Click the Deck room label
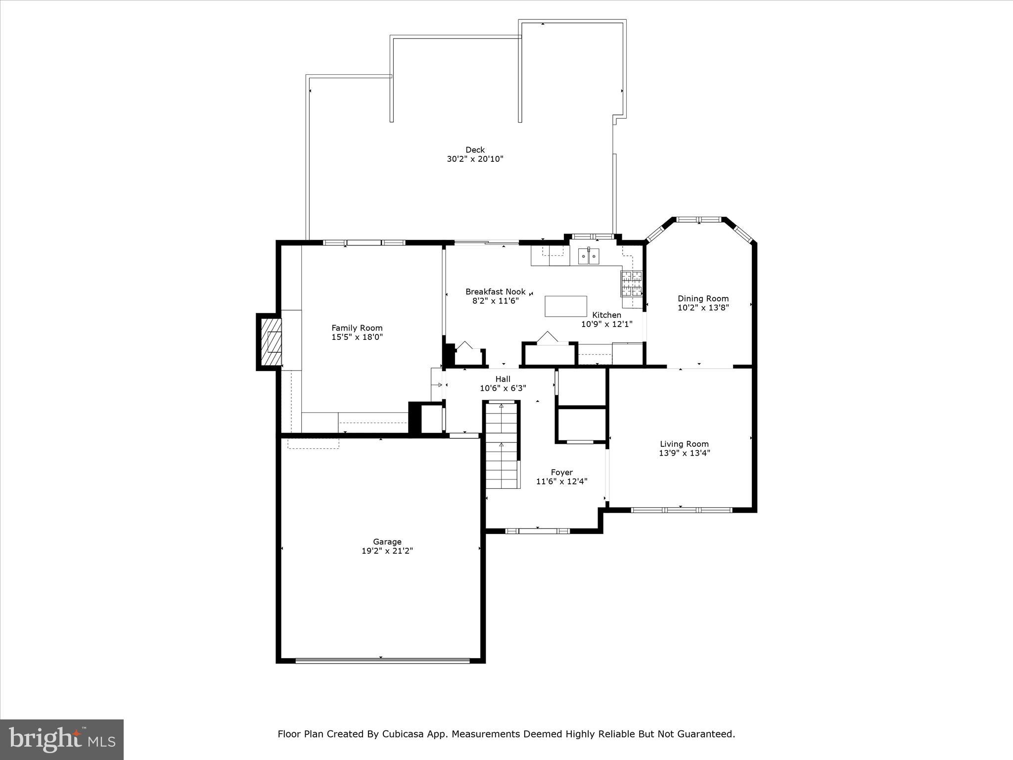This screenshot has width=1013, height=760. pyautogui.click(x=475, y=149)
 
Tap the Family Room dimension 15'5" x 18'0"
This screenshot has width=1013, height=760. pyautogui.click(x=357, y=337)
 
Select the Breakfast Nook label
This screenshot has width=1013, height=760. pyautogui.click(x=495, y=292)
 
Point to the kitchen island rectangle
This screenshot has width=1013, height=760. pyautogui.click(x=566, y=306)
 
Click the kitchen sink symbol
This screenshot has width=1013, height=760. pyautogui.click(x=589, y=256)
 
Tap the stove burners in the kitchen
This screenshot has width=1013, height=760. pyautogui.click(x=631, y=284)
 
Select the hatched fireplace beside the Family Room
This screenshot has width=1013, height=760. pyautogui.click(x=270, y=341)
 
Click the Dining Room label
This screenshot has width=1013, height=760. pyautogui.click(x=703, y=298)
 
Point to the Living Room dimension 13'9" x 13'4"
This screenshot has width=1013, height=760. pyautogui.click(x=684, y=453)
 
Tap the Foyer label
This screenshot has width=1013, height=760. pyautogui.click(x=561, y=473)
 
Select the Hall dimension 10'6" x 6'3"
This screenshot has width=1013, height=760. pyautogui.click(x=503, y=388)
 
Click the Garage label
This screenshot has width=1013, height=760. pyautogui.click(x=387, y=542)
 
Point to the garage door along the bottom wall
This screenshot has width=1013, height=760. pyautogui.click(x=382, y=660)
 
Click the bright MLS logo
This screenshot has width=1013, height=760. pyautogui.click(x=62, y=739)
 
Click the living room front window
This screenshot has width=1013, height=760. pyautogui.click(x=681, y=510)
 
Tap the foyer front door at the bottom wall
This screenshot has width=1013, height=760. pyautogui.click(x=537, y=531)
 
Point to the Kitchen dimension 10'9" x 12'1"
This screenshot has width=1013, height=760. pyautogui.click(x=606, y=324)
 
